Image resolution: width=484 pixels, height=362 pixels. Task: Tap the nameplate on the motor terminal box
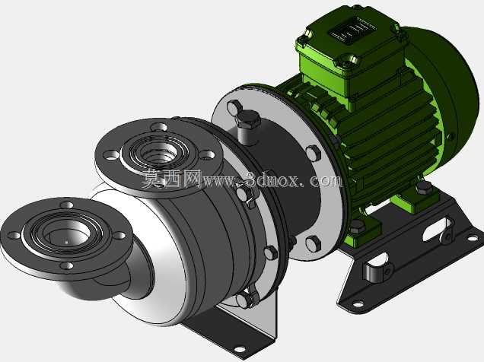pos(352,30)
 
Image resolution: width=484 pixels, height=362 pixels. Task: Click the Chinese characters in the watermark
pos(172,179)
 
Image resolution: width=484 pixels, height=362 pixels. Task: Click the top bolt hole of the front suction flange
pos(67,205)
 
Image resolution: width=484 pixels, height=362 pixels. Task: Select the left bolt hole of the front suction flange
pos(14,235)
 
